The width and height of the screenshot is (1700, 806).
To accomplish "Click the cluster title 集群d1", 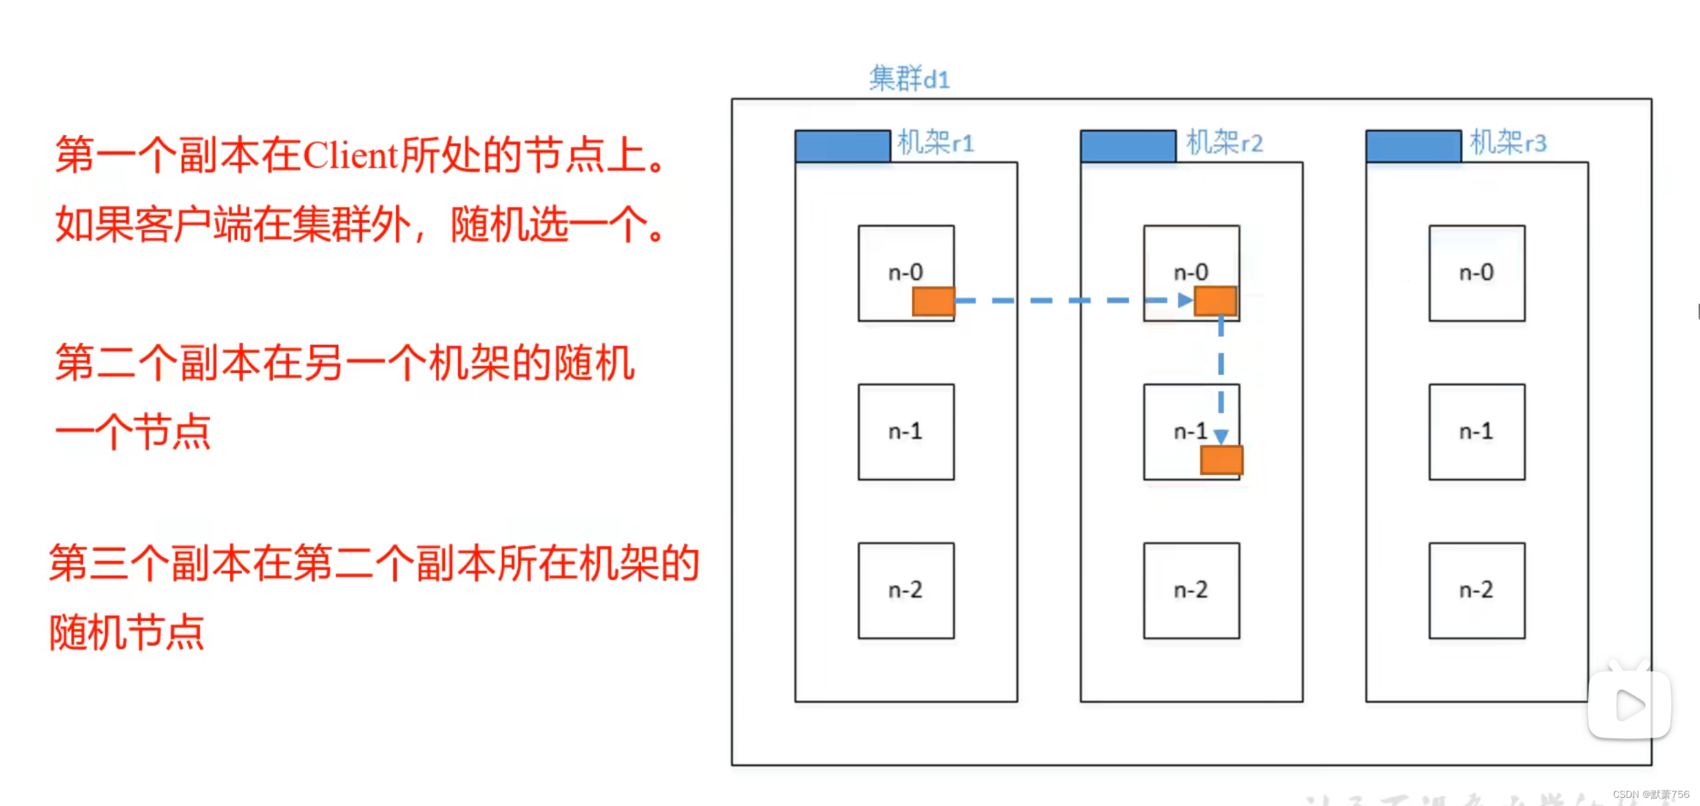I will [x=909, y=79].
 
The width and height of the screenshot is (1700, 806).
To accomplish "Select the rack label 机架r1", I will [x=935, y=143].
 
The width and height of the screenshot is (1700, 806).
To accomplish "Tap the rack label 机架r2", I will [x=1224, y=143].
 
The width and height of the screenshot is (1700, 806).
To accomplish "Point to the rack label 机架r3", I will [x=1508, y=143].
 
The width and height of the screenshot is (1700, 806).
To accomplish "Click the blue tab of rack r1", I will [x=843, y=145].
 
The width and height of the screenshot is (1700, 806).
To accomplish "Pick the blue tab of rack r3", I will [x=1413, y=145].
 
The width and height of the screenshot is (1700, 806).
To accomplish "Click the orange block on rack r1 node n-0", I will [x=933, y=301].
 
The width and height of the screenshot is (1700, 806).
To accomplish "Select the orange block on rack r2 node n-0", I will [x=1215, y=301].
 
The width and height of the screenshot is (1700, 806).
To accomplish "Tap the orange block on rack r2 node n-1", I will [x=1222, y=460].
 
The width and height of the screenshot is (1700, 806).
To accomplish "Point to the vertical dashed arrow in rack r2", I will [x=1221, y=376].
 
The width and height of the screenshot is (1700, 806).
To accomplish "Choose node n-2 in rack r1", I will [x=906, y=590].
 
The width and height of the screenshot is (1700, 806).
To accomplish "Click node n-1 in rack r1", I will [x=906, y=432].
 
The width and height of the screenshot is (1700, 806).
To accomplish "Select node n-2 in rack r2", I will [x=1191, y=590].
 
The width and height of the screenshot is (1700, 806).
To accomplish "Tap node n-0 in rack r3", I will [x=1476, y=273].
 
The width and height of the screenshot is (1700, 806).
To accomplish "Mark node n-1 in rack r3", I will [x=1476, y=432].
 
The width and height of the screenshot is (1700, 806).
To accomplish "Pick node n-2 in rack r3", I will [x=1476, y=590].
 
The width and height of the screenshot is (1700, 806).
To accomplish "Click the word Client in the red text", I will [x=350, y=156].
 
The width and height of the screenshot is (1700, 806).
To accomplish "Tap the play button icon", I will [x=1630, y=705].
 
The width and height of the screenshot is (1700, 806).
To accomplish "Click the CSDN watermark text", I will [x=1650, y=794].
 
